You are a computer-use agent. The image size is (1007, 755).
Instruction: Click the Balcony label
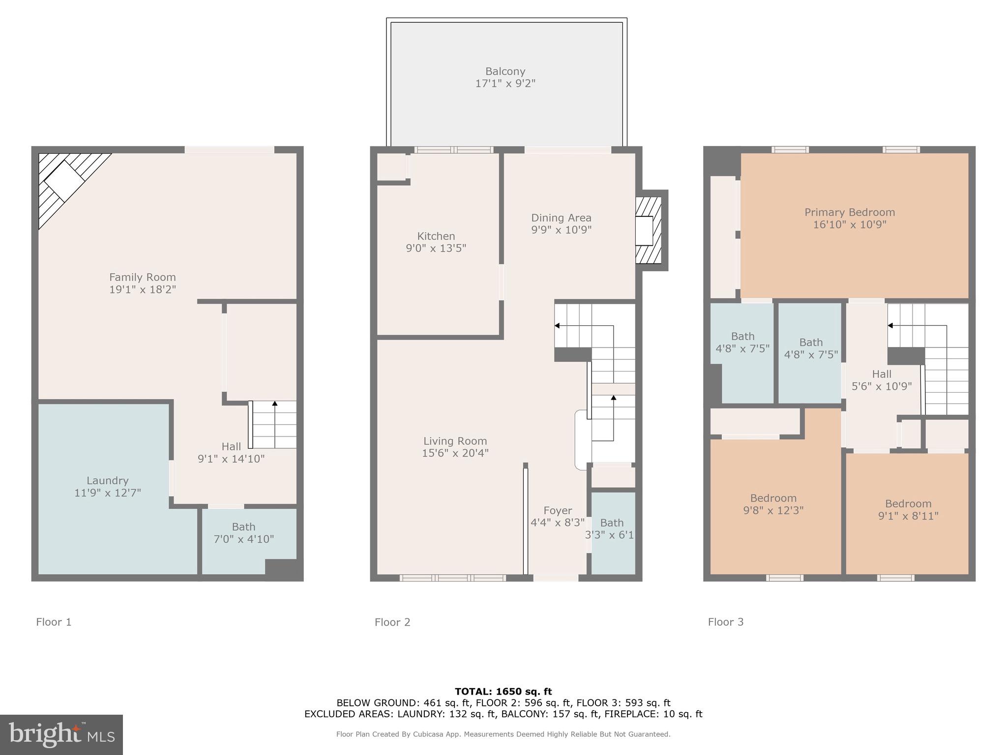coord(505,72)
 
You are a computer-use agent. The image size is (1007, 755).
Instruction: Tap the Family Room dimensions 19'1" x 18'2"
coord(143,290)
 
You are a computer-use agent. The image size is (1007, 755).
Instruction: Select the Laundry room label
coord(107,481)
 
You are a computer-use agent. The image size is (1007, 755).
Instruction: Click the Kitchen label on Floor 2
coord(436,236)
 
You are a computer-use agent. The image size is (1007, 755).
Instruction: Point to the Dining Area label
coord(561,218)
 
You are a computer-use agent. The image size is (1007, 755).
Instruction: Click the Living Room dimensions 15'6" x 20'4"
coord(455,453)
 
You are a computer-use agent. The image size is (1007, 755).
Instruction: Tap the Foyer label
coord(558,511)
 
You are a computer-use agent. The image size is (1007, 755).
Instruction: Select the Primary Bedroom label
coord(849,212)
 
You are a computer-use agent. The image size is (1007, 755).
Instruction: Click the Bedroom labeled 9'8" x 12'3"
coord(773,504)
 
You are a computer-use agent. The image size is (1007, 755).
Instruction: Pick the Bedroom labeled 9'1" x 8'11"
coord(908,510)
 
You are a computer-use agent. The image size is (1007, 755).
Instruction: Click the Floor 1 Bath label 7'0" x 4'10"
coord(243,533)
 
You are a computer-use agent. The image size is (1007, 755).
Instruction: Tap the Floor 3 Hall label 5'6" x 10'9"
coord(881,380)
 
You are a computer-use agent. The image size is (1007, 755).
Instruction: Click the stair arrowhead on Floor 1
coord(275,404)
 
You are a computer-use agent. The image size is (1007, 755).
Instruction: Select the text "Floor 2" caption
coord(392,622)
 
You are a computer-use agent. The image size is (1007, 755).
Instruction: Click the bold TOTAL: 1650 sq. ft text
coord(503,692)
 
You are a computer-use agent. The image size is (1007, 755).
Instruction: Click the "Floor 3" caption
coord(725,622)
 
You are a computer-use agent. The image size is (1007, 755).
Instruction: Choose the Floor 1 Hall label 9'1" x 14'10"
coord(231,453)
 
